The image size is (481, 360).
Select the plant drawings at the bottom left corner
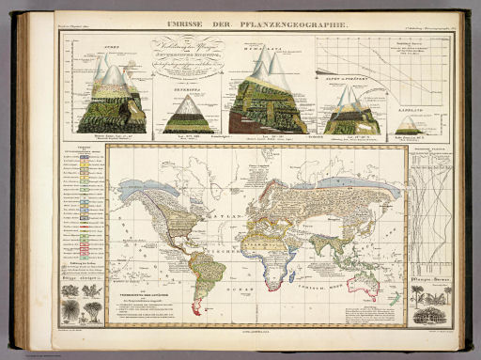pyautogui.click(x=81, y=305)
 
